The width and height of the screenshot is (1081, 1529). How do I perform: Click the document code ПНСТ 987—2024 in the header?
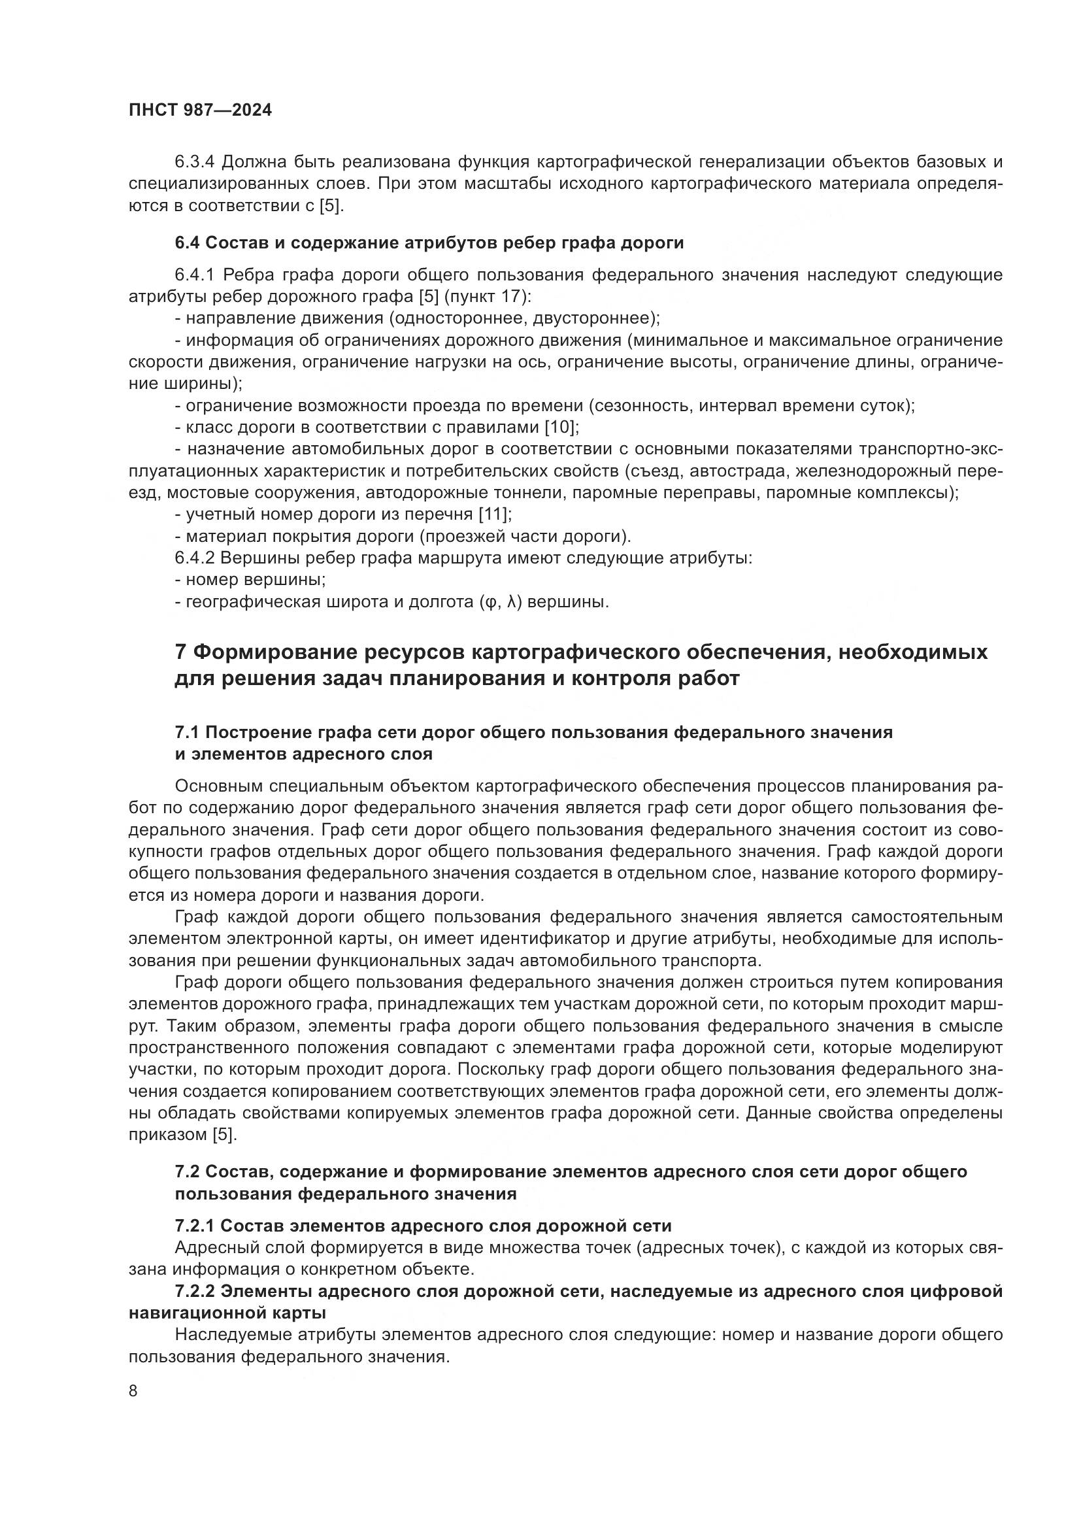coord(200,110)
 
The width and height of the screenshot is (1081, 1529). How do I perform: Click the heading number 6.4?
coord(187,243)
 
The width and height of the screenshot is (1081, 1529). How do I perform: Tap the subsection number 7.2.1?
coord(194,1225)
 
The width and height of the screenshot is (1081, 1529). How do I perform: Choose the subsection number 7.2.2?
coord(194,1291)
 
